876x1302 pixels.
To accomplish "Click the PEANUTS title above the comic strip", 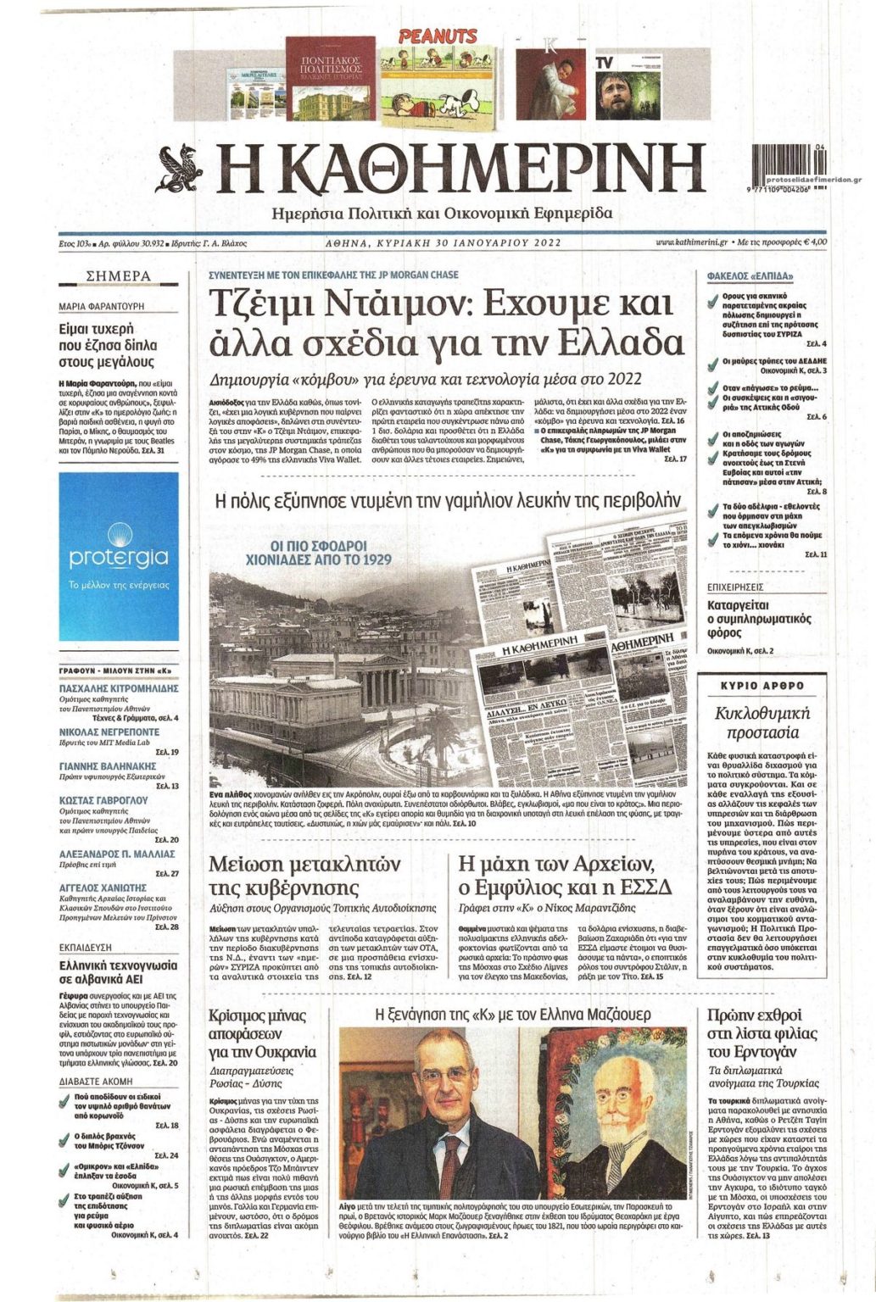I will [438, 36].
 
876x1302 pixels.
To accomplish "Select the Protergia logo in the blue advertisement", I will [119, 557].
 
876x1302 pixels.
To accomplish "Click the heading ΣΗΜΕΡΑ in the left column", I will [119, 276].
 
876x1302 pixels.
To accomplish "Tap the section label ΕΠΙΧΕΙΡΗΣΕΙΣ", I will [735, 587].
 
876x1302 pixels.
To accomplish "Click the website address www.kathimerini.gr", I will [692, 242].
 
